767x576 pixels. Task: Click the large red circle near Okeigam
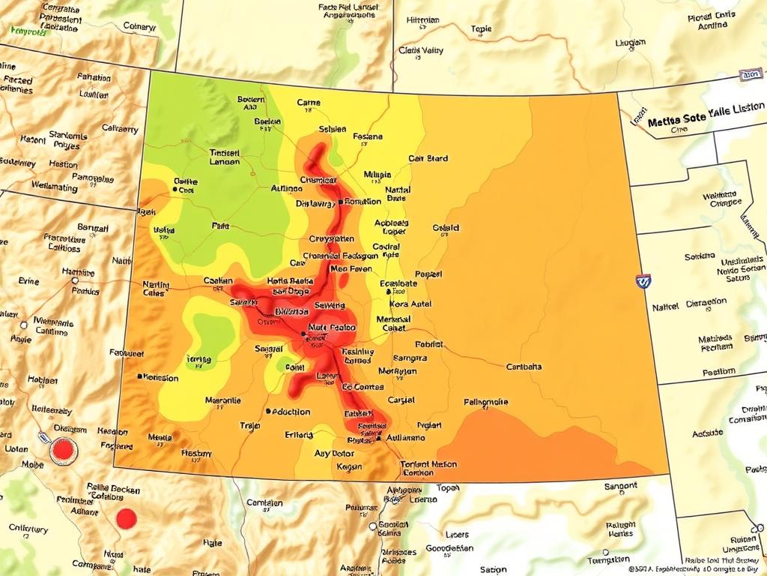[64, 450]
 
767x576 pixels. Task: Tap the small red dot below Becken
[127, 517]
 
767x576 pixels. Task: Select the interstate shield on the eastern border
[643, 281]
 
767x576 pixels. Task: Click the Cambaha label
[524, 367]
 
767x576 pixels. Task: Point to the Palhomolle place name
[486, 401]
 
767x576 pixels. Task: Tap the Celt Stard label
[428, 158]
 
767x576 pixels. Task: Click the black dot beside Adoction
[267, 411]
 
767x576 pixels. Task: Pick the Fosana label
[367, 136]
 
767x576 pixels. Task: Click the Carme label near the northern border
[308, 103]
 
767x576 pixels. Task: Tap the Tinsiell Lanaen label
[225, 156]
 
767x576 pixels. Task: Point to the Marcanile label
[223, 400]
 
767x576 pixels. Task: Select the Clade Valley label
[421, 51]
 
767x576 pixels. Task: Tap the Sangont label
[621, 486]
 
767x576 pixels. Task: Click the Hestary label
[196, 453]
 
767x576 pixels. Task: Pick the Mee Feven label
[351, 268]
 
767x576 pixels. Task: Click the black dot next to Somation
[340, 202]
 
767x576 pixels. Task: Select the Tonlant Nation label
[428, 464]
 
